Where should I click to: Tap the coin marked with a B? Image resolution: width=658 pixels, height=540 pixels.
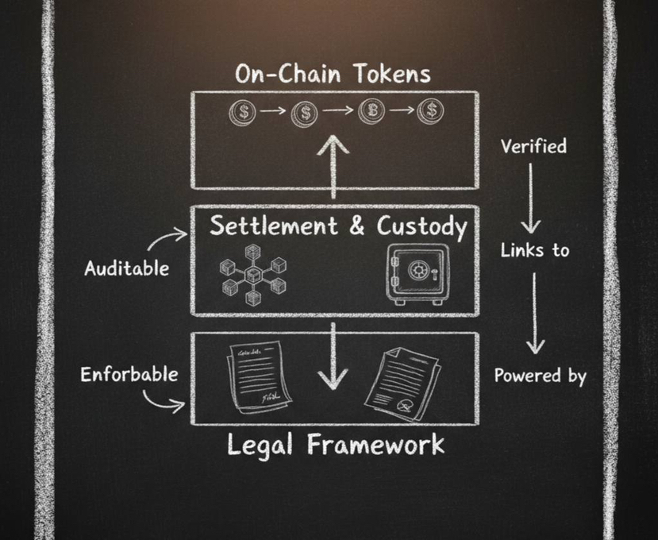pos(371,110)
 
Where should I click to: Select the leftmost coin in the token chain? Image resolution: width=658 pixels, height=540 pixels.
pos(244,111)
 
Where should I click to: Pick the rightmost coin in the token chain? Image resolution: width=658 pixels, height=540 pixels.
pos(430,110)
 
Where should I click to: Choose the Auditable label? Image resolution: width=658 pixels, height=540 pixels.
pos(126,268)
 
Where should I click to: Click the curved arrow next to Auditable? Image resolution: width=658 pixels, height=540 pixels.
pos(168,239)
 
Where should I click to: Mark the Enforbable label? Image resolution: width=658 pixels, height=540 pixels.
pos(129,374)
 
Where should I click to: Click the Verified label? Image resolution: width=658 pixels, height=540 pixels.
pos(533,146)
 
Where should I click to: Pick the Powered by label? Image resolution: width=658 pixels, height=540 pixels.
pos(540,375)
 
